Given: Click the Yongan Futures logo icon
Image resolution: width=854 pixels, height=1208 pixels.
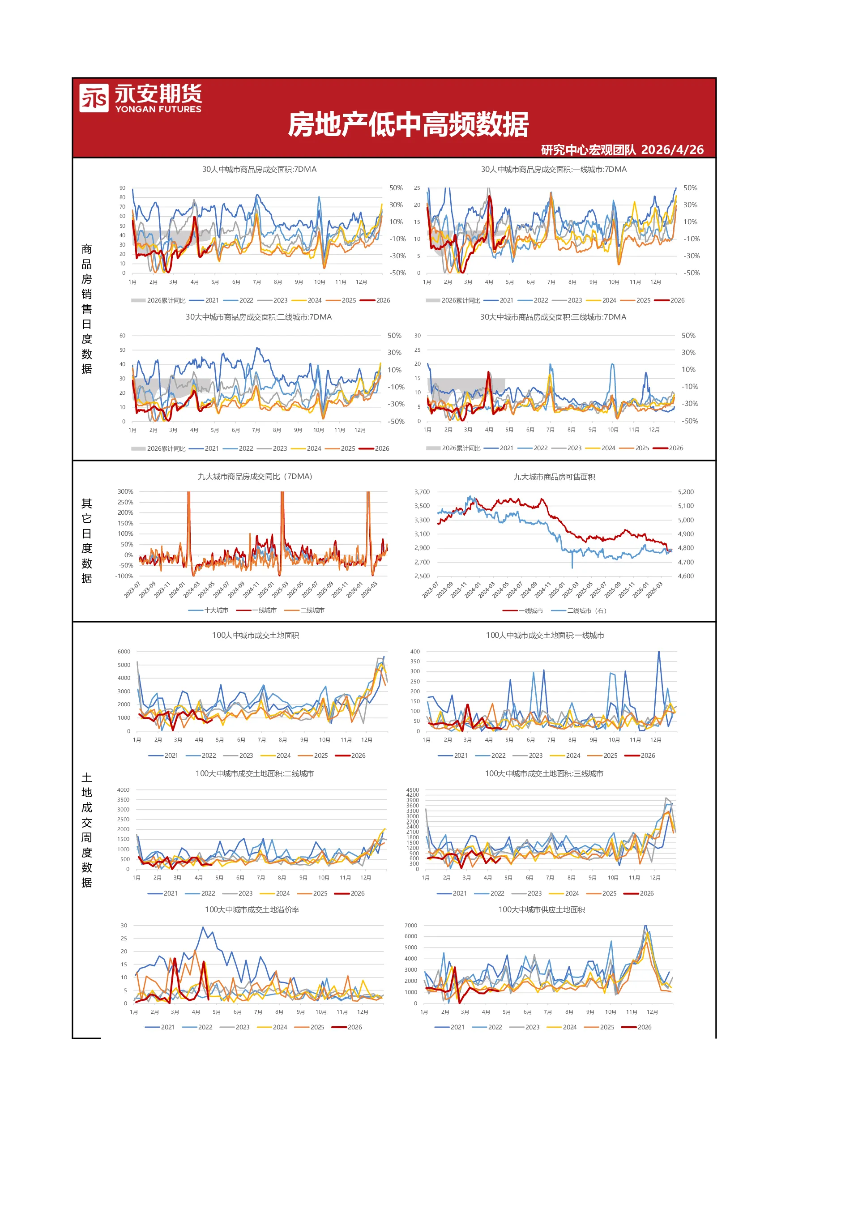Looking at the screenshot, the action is point(94,98).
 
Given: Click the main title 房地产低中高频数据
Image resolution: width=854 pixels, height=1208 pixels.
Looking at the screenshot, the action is point(408,125).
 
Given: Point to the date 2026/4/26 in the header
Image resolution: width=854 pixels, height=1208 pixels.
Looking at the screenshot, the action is point(672,150).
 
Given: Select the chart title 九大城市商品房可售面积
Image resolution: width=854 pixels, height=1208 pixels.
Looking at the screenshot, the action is point(554,477).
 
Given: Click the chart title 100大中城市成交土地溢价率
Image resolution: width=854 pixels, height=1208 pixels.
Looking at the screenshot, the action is point(252,909).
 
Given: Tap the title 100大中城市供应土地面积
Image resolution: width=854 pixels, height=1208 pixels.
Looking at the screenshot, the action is point(542,909).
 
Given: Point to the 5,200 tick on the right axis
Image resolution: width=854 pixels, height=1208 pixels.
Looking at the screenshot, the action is point(686,492).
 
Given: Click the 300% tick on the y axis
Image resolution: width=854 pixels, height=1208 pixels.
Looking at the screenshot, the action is point(125,491).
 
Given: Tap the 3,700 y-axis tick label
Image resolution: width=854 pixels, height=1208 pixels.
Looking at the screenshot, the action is point(422,492).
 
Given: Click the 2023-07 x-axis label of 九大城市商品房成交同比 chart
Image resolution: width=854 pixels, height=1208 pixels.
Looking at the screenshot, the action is point(132,590).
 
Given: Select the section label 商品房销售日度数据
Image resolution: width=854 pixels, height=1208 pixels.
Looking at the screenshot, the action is point(87,309).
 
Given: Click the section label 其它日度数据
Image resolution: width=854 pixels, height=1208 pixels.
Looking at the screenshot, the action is point(87,541).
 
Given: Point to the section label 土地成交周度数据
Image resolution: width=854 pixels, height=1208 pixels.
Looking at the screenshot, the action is point(87,830).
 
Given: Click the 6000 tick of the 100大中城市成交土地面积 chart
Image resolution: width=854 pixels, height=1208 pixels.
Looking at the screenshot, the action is point(124,651).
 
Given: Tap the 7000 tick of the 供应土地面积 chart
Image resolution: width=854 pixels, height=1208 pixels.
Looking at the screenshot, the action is point(411,926).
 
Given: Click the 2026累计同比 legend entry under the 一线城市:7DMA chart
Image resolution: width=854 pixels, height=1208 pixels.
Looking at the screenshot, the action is point(453,300).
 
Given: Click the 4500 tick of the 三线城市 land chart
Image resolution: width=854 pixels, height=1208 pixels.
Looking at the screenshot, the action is point(413,790).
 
